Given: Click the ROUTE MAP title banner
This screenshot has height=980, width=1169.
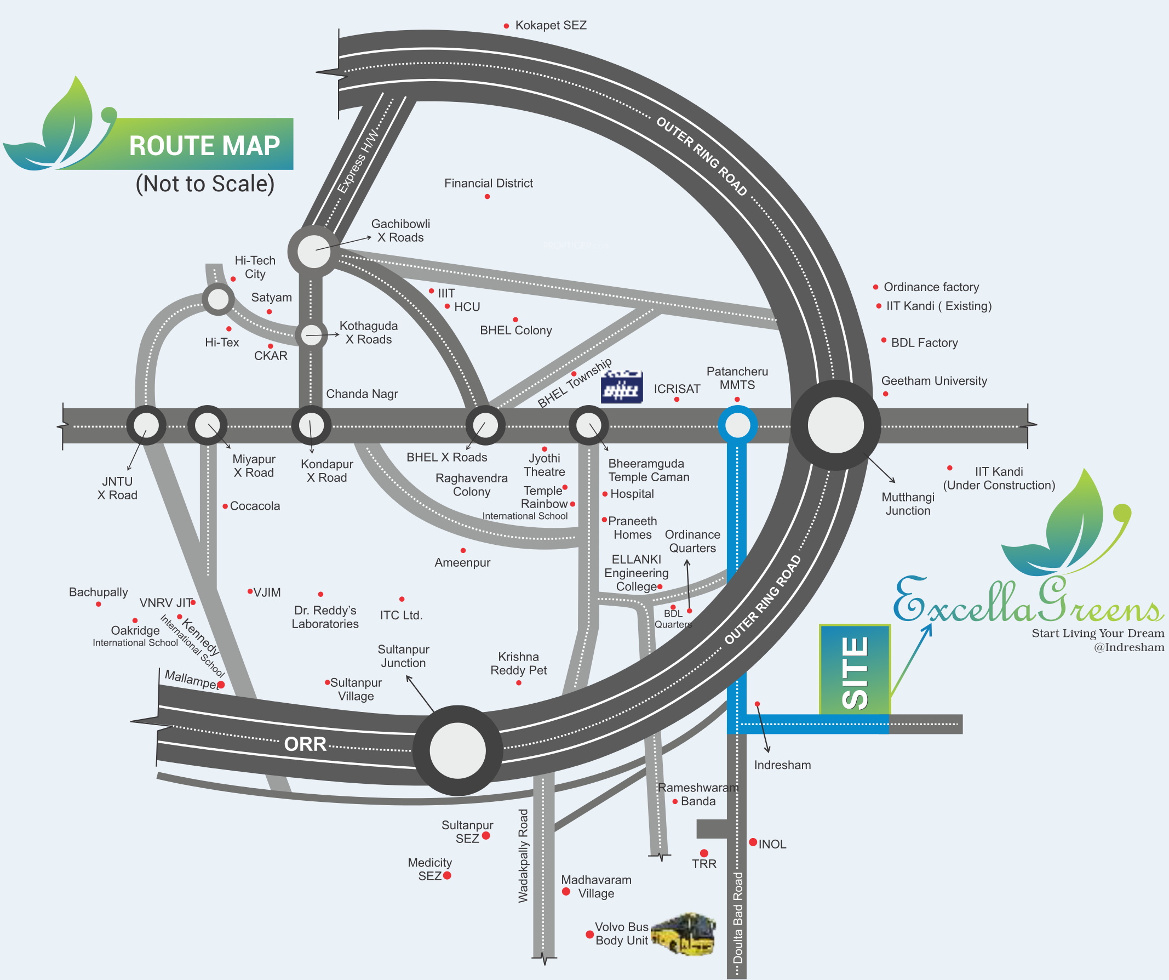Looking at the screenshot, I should [x=204, y=145].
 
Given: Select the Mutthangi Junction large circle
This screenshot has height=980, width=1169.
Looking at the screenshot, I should [x=835, y=425].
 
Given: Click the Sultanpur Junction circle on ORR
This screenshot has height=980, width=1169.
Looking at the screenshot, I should [x=457, y=750].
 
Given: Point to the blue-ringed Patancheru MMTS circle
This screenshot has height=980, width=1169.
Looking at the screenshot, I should [x=737, y=425].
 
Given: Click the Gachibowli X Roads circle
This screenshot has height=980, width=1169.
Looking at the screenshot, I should [x=313, y=251].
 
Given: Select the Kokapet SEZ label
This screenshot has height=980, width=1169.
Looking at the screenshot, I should [x=551, y=26].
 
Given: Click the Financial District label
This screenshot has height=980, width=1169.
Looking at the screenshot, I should [x=488, y=183].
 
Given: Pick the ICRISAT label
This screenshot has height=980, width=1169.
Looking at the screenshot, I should [x=677, y=389].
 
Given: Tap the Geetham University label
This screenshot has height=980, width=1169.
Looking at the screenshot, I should [x=933, y=381].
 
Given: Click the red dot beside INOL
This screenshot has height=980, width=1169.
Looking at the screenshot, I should [x=753, y=842].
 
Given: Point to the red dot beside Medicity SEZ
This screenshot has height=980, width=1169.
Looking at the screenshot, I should [x=447, y=875].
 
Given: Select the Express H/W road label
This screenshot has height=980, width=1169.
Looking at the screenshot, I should [x=358, y=163].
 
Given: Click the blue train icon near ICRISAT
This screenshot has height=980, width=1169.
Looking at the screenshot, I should [x=622, y=387].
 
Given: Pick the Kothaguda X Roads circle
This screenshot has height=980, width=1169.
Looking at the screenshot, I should [x=311, y=335].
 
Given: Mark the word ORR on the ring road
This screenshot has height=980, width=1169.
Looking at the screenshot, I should [x=305, y=744].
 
